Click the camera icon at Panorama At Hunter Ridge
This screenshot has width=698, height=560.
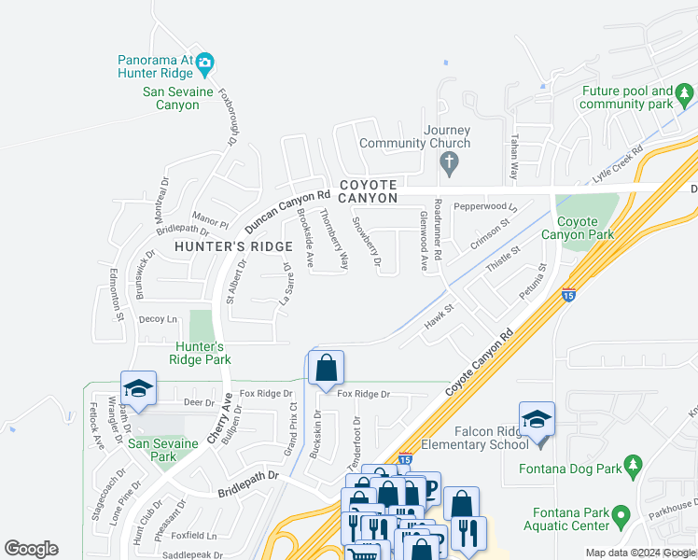click(x=205, y=63)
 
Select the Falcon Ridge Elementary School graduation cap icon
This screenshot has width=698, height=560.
click(x=537, y=418)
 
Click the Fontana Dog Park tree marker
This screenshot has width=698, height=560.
click(x=633, y=464)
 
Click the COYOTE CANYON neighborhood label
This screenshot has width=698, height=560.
click(x=368, y=191)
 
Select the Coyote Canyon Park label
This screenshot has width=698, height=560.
click(x=585, y=228)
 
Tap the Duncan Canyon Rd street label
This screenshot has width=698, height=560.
click(x=288, y=212)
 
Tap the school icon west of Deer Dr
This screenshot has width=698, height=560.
click(x=138, y=388)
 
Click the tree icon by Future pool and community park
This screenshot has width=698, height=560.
click(x=686, y=93)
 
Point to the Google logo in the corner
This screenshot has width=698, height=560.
click(x=31, y=549)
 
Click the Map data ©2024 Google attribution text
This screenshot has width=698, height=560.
click(x=640, y=553)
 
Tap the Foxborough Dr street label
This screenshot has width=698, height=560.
click(x=229, y=117)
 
